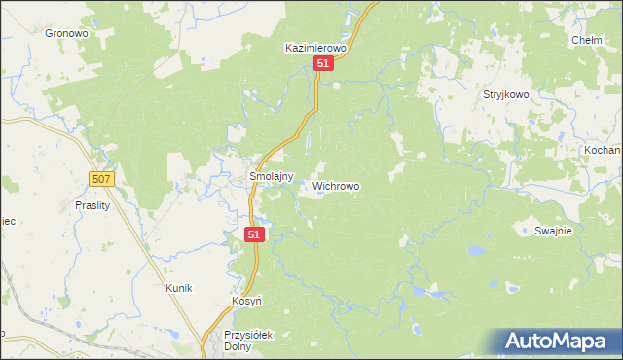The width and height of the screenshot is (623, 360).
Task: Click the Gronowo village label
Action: tap(66, 32)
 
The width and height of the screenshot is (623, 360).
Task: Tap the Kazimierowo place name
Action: tap(315, 47)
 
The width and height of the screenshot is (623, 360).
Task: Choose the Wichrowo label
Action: tap(336, 185)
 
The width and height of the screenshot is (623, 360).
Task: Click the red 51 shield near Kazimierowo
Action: tap(324, 63)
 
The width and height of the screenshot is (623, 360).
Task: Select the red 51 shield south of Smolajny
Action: tap(254, 234)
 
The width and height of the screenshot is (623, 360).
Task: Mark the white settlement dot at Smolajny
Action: tap(244, 178)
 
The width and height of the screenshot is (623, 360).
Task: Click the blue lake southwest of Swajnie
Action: tap(475, 250)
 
